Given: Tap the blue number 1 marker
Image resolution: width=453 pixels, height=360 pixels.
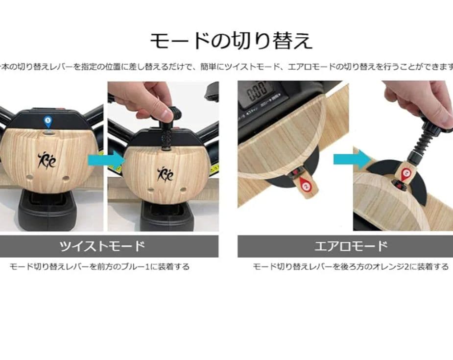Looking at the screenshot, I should tap(48, 120).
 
